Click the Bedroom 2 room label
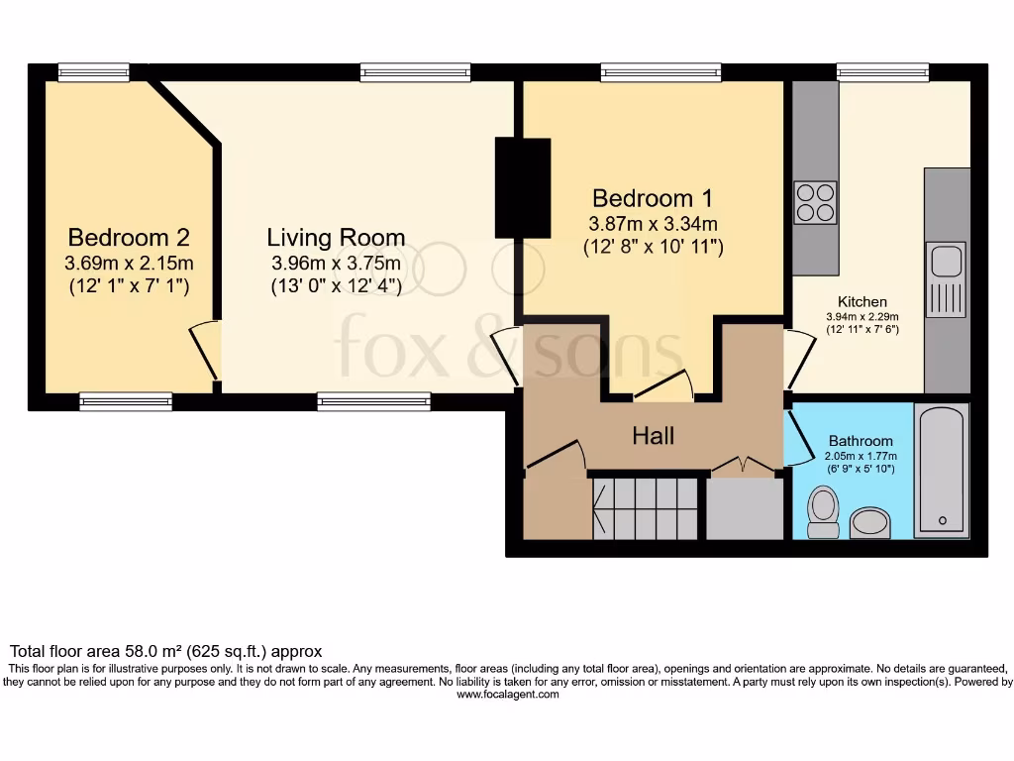(x=129, y=238)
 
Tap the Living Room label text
(x=336, y=238)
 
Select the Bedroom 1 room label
(x=653, y=197)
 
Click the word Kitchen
(x=862, y=302)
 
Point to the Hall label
(x=654, y=436)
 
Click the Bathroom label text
(x=861, y=441)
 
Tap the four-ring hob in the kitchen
(x=815, y=202)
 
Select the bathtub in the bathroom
(x=940, y=470)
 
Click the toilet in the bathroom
(x=823, y=511)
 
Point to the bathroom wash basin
(x=870, y=522)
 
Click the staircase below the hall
(x=646, y=507)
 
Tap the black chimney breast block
(x=522, y=188)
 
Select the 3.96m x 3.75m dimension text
(x=336, y=264)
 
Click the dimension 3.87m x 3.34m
(x=653, y=223)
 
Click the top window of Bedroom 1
(x=660, y=72)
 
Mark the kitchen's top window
(x=882, y=72)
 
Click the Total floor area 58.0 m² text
(x=166, y=651)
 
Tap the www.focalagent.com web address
(x=507, y=695)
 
